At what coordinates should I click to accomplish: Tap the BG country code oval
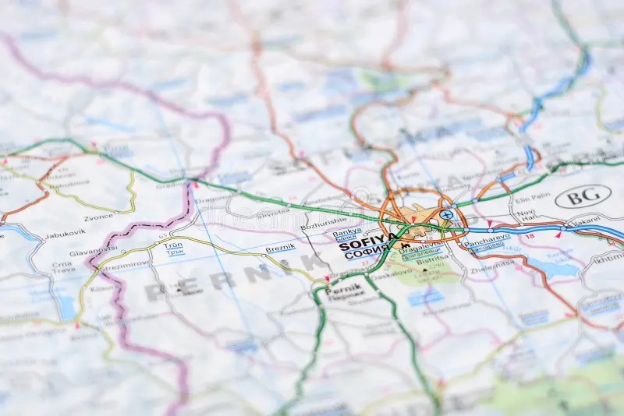point(583,196)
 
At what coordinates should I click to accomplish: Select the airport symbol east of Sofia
point(446,214)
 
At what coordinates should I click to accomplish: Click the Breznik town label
point(280,248)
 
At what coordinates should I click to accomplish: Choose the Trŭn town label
point(173,245)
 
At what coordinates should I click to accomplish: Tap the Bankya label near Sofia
point(346,233)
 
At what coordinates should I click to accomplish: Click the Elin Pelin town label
point(532,199)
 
